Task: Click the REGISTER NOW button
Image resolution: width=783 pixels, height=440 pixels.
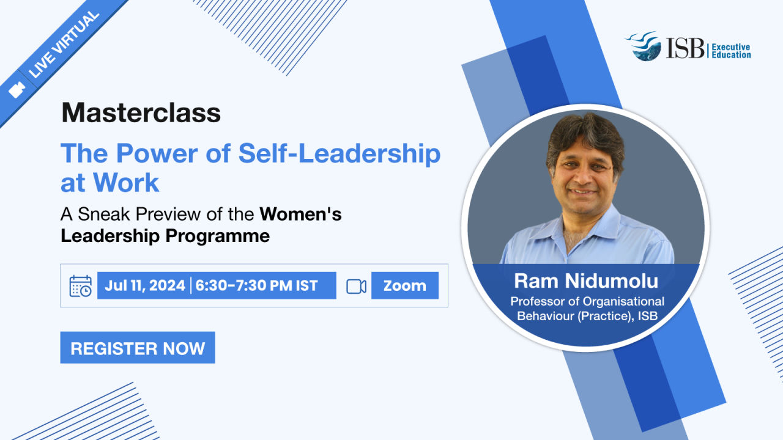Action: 138,348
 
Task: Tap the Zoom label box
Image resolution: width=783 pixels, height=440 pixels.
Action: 405,285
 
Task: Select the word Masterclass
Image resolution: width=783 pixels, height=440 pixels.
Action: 141,113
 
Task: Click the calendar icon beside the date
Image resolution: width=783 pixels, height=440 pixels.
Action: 81,286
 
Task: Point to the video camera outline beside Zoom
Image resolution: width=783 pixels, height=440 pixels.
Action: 356,287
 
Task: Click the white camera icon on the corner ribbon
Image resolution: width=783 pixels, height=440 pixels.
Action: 17,90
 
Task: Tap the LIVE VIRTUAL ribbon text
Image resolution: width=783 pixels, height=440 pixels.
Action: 64,45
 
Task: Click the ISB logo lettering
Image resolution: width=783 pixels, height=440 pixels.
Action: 686,48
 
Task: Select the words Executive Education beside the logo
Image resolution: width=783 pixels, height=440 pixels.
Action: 731,51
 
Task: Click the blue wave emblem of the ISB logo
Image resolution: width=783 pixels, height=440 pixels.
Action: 644,46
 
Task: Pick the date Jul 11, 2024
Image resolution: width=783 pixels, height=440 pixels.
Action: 145,285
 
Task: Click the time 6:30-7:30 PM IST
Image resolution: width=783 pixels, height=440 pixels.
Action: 256,285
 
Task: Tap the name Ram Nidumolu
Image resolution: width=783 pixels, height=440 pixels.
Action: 586,280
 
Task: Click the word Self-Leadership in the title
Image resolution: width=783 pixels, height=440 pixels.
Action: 340,153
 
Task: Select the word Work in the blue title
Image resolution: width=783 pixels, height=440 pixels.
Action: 126,183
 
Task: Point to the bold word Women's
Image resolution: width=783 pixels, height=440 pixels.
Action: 300,214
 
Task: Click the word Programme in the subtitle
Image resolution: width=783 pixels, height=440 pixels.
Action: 217,236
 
